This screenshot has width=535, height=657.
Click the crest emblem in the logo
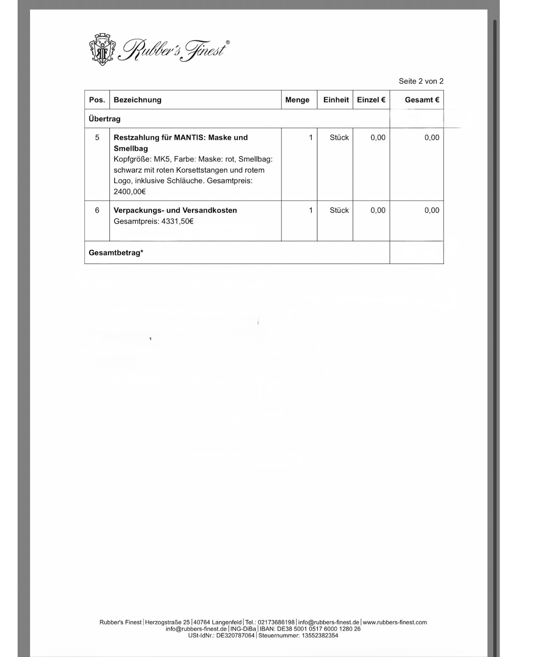[102, 50]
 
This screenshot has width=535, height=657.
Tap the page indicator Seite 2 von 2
[421, 81]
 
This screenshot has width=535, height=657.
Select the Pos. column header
[97, 100]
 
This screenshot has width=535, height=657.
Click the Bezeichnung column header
[137, 100]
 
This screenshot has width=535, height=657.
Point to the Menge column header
[297, 100]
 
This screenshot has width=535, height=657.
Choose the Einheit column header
[336, 100]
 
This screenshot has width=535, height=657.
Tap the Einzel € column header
[371, 100]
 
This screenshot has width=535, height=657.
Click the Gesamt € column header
[422, 100]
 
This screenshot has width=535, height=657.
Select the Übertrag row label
[104, 119]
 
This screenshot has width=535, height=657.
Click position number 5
[97, 137]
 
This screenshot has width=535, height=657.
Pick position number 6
[97, 210]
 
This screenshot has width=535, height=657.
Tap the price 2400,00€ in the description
[130, 192]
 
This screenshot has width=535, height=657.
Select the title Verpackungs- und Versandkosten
[175, 210]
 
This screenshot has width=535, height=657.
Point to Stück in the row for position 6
[339, 210]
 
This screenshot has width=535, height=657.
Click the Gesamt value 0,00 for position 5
[431, 137]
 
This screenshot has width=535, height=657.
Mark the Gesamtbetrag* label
[116, 253]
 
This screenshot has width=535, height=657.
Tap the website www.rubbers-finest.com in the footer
[394, 622]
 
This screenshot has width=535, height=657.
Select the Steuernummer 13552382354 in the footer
[320, 635]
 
